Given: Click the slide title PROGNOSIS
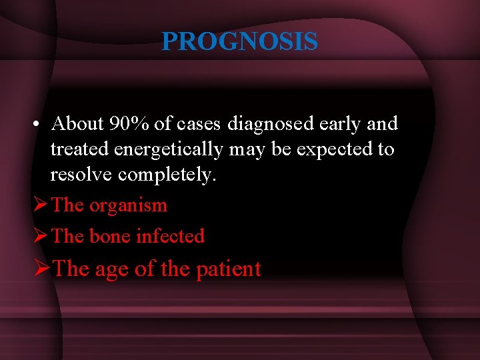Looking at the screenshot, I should coord(239,42).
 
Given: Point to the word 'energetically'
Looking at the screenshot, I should coord(168,149).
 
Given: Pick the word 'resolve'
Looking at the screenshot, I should coord(82,175).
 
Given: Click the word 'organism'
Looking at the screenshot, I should coord(128,205).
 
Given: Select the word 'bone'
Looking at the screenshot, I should coord(109,236).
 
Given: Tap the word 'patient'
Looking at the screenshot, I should coord(228,269).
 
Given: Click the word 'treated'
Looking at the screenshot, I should coord(80,149).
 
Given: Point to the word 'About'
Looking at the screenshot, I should coord(77,123).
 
